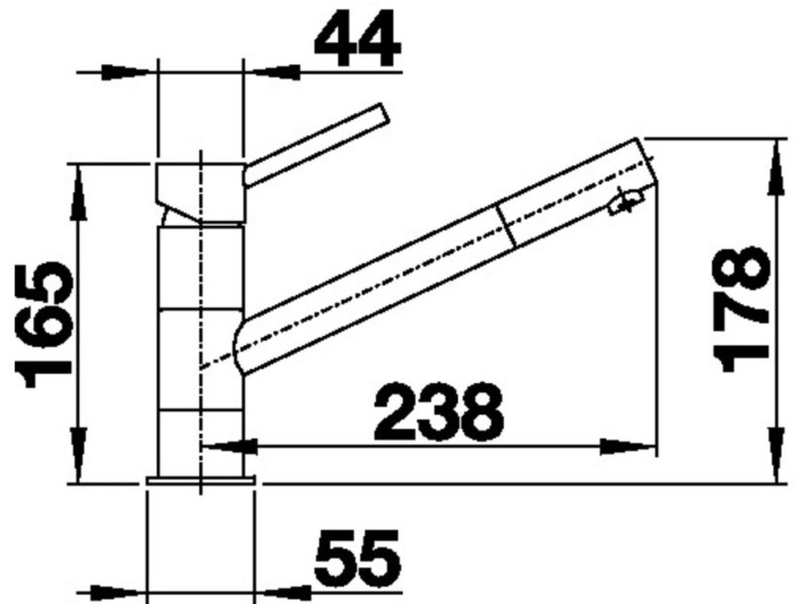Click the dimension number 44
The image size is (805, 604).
[x=358, y=39]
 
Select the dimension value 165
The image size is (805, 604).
[x=44, y=324]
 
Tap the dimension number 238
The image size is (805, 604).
[x=439, y=411]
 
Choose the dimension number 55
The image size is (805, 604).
[x=358, y=558]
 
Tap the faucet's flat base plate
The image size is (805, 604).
[x=201, y=480]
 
